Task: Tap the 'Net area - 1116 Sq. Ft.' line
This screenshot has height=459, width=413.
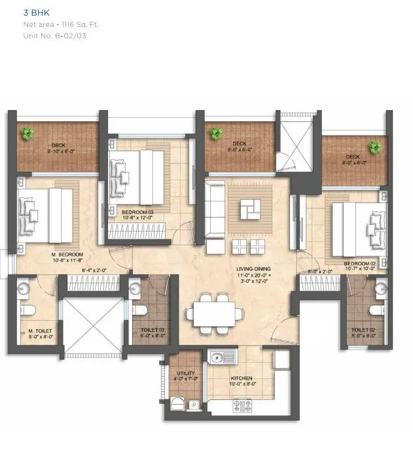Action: (60, 24)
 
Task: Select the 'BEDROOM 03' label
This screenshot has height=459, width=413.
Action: (137, 212)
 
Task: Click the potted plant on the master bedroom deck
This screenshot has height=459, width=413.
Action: (27, 134)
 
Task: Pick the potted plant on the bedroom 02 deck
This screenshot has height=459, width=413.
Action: (374, 147)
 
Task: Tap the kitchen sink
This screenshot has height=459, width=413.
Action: (222, 357)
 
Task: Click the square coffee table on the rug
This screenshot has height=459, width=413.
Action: (249, 210)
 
